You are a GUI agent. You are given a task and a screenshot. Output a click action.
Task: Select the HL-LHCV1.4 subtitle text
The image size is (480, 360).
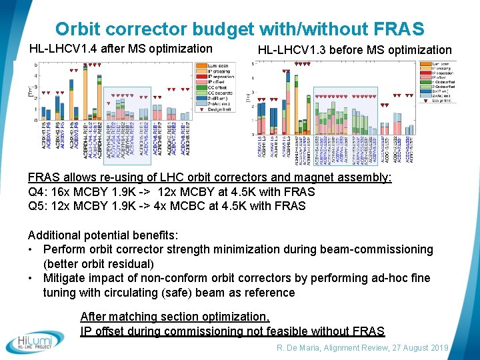point(121,48)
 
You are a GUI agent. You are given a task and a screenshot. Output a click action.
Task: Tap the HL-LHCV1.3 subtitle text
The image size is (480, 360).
point(354,49)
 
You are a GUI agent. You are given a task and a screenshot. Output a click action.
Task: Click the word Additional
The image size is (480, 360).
point(55,235)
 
